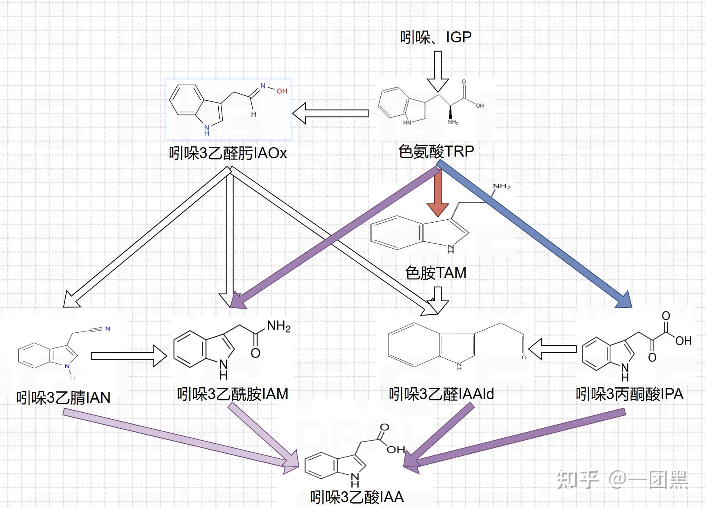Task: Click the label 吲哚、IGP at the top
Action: tap(435, 38)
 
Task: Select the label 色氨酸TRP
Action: tap(436, 151)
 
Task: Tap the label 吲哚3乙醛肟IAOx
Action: tap(228, 153)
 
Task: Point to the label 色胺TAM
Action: tap(435, 273)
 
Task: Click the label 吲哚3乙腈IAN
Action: tap(63, 398)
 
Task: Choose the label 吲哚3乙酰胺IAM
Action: tap(233, 394)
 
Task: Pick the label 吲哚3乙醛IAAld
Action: tap(441, 394)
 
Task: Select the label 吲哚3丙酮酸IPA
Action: tap(629, 394)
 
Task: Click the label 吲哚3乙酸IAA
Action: tap(357, 497)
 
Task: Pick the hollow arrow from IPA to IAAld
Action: tap(552, 349)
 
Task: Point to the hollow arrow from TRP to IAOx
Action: tap(331, 113)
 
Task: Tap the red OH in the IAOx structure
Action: tap(282, 91)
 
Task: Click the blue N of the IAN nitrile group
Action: tap(108, 329)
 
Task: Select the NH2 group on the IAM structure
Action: tap(279, 326)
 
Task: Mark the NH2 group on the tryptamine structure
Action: tap(502, 187)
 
